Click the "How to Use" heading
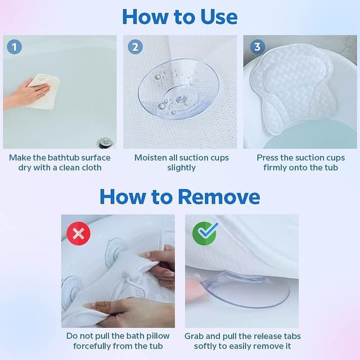(180, 16)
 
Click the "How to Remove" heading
(180, 196)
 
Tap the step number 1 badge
(14, 47)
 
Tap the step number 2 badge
(135, 47)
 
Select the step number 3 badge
(257, 47)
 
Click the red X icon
(78, 233)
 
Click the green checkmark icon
(204, 233)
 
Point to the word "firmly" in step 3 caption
(276, 168)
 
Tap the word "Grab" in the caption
(195, 336)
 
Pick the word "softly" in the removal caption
(207, 346)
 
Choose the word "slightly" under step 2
(181, 168)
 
